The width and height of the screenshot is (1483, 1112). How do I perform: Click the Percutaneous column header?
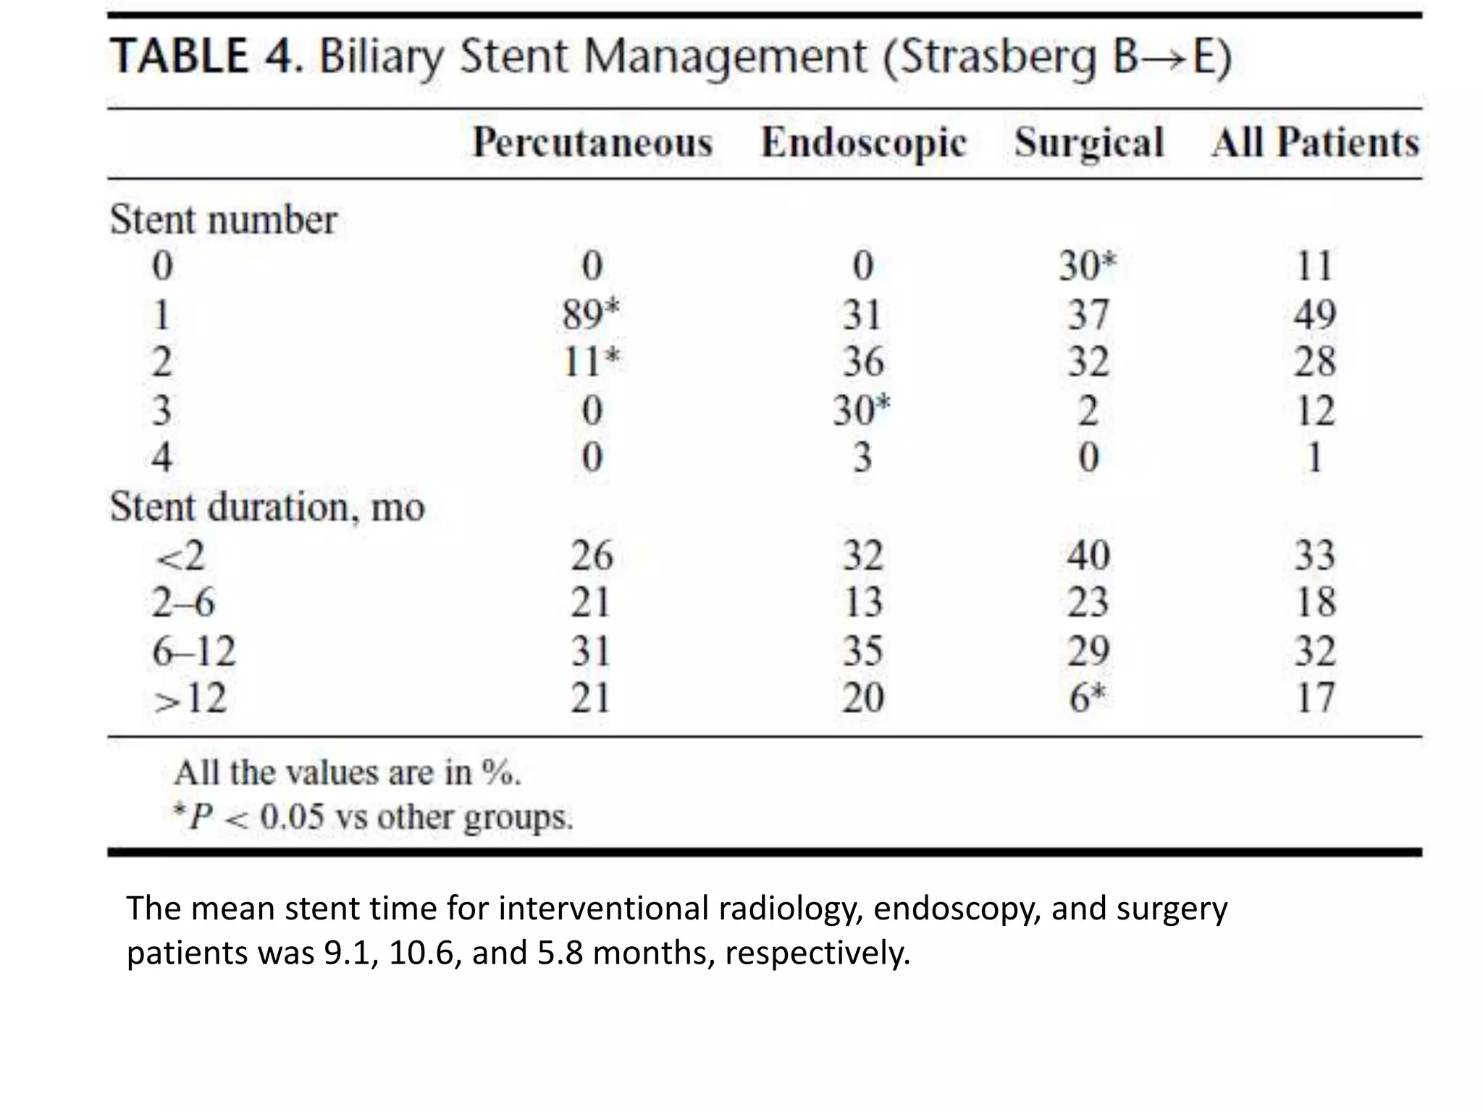click(x=592, y=143)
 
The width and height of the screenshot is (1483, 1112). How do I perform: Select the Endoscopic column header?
click(x=863, y=143)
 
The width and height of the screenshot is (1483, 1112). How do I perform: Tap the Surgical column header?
click(x=1088, y=143)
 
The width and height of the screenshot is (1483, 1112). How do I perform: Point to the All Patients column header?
click(x=1315, y=143)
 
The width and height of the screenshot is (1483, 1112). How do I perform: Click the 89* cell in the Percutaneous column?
click(x=591, y=315)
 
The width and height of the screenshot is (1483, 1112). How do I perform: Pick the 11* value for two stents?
click(x=591, y=362)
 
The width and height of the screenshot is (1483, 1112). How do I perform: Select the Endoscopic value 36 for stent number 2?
click(x=863, y=362)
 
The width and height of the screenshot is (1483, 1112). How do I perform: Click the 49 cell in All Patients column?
click(x=1314, y=315)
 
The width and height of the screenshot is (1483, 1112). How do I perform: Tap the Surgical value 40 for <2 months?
click(x=1088, y=556)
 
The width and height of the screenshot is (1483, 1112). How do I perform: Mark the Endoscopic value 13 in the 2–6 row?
click(x=863, y=602)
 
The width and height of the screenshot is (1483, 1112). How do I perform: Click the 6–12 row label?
click(x=193, y=651)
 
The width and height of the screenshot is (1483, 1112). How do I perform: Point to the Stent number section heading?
click(x=223, y=219)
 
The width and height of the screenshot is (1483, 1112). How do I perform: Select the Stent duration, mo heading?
click(x=266, y=507)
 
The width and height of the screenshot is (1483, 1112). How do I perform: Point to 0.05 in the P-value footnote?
click(x=292, y=818)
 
